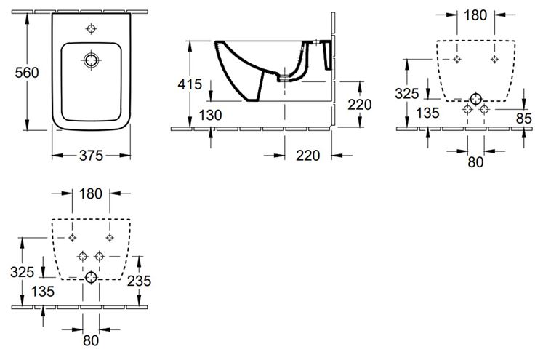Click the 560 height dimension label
click(27, 73)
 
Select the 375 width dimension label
click(91, 156)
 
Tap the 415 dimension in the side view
click(190, 84)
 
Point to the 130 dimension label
click(210, 115)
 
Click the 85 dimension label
click(523, 119)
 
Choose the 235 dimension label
click(139, 281)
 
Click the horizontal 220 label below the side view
click(308, 156)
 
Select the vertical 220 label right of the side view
click(360, 105)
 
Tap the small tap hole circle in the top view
click(91, 29)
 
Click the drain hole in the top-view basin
click(92, 60)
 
